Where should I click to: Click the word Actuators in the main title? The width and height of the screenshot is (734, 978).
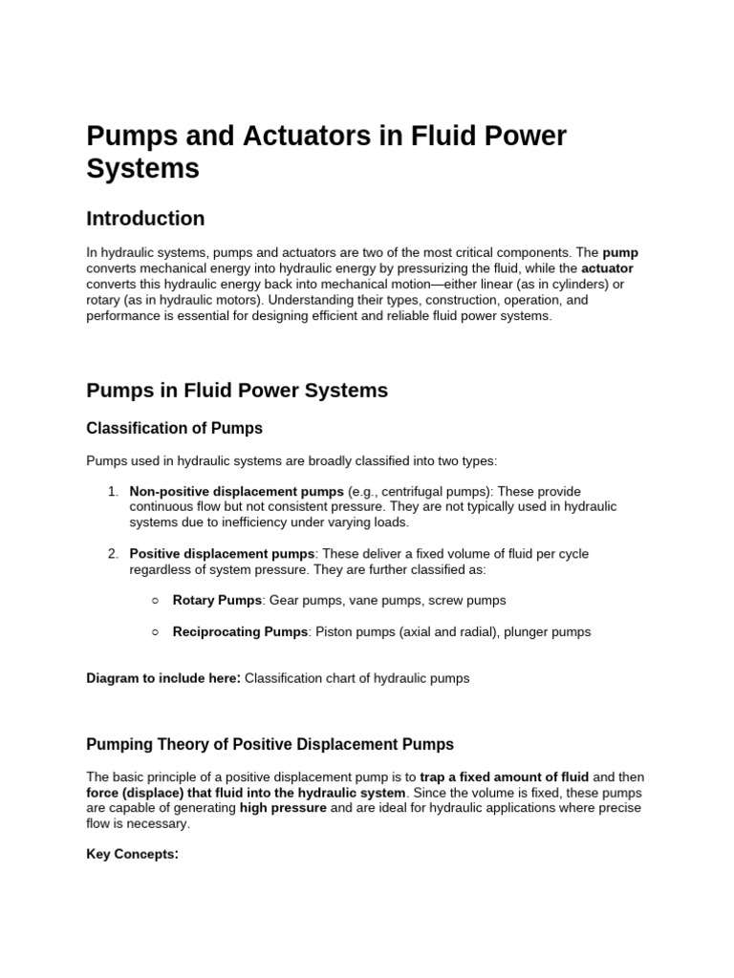click(x=287, y=137)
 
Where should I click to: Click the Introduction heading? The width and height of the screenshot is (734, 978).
click(x=145, y=219)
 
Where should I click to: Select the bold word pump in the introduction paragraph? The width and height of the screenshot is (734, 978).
click(x=620, y=253)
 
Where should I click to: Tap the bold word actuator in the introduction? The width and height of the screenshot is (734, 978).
click(x=607, y=268)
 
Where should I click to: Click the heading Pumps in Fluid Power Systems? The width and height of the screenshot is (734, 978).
click(x=237, y=390)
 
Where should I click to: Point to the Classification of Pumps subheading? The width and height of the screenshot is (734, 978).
click(x=175, y=428)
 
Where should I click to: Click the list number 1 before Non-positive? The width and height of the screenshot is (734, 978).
click(x=112, y=491)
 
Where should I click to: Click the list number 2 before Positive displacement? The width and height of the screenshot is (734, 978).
click(x=112, y=554)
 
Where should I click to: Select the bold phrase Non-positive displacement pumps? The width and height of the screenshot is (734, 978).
click(x=236, y=491)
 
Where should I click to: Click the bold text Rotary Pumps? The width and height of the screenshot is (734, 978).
click(x=217, y=601)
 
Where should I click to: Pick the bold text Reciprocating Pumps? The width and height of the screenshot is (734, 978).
click(x=240, y=631)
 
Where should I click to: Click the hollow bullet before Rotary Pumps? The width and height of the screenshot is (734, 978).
click(x=155, y=601)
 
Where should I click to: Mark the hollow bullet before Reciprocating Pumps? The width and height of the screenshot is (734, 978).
click(x=155, y=631)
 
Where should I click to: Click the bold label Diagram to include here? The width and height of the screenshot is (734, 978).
click(x=163, y=679)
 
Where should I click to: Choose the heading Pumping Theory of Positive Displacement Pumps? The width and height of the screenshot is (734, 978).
click(x=270, y=744)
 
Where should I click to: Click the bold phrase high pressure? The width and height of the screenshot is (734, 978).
click(x=283, y=808)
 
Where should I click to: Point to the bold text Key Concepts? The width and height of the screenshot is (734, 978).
click(x=132, y=855)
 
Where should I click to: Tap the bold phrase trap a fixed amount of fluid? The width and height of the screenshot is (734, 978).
click(x=505, y=776)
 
